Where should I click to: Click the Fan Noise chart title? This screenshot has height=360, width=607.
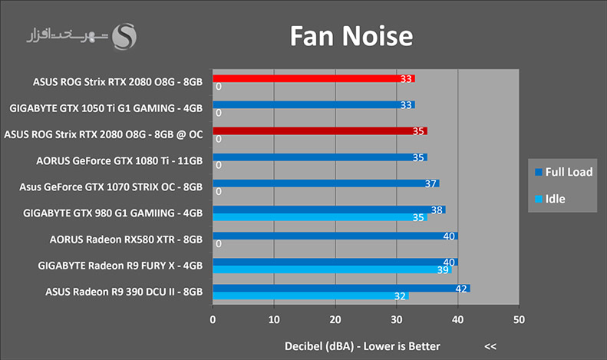(351, 36)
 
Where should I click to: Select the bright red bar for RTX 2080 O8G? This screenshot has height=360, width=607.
(314, 78)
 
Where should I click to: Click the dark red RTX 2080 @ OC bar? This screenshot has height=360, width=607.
(320, 130)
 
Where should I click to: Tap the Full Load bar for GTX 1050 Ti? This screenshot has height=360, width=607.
(314, 105)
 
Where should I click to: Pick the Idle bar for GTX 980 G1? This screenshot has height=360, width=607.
(320, 217)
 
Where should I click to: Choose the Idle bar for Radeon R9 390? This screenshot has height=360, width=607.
(311, 296)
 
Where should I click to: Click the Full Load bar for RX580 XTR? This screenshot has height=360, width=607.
(335, 236)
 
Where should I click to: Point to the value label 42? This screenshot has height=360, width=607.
(461, 289)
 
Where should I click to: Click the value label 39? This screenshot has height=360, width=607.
(443, 269)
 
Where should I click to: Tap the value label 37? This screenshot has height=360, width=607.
(431, 183)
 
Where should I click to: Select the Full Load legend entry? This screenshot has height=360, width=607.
(563, 172)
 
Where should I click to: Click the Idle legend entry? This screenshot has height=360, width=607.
(550, 199)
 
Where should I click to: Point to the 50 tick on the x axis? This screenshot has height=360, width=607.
(519, 320)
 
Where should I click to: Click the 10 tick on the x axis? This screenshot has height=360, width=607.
(274, 320)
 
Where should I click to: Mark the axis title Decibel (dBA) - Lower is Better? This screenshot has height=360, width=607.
(362, 346)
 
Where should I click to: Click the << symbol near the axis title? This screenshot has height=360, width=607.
(490, 346)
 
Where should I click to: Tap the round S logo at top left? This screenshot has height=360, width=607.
(124, 37)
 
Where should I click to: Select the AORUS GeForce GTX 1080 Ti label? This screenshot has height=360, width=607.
(119, 160)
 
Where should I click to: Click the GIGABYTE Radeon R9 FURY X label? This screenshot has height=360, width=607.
(120, 266)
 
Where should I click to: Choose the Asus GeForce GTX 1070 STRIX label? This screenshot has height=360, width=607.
(111, 187)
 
